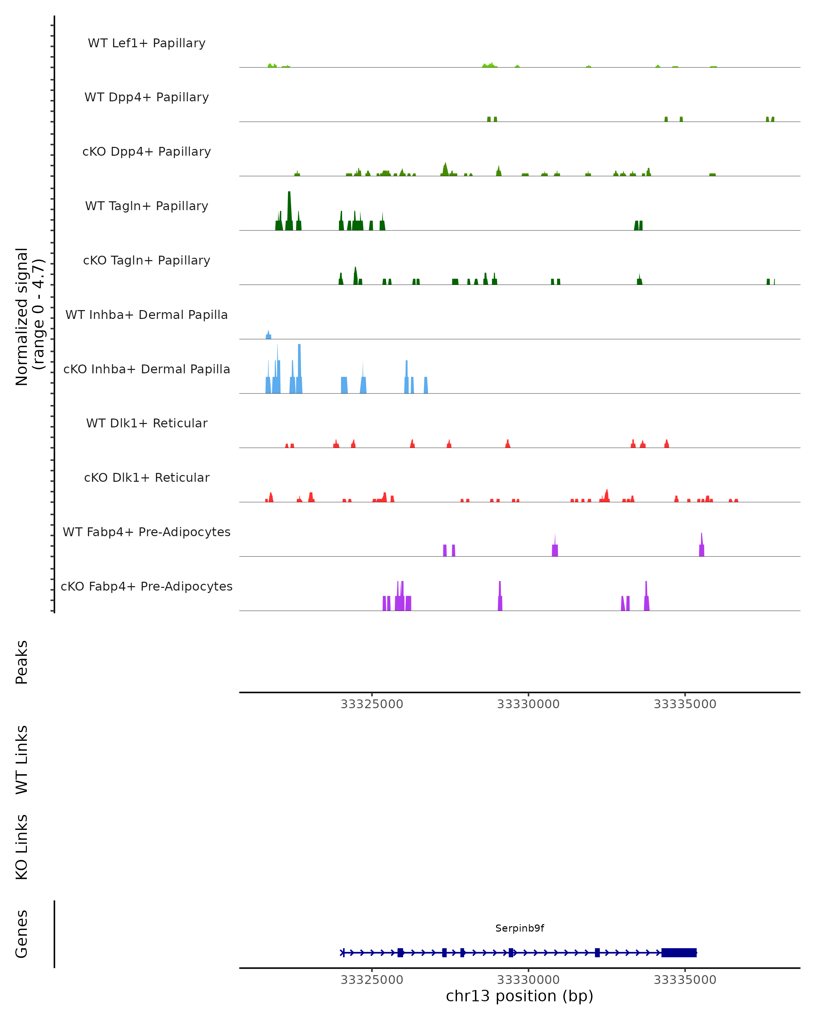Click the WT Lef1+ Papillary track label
tap(147, 43)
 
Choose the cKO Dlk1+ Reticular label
tap(147, 477)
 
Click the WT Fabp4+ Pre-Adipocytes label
tap(147, 532)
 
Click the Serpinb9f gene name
tap(520, 928)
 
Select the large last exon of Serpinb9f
tap(679, 952)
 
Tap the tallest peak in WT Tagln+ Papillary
tap(289, 208)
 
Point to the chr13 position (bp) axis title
tap(520, 996)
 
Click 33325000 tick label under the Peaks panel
tap(372, 704)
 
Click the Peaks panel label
tap(22, 662)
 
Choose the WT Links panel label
tap(22, 759)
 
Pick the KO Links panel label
tap(22, 847)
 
